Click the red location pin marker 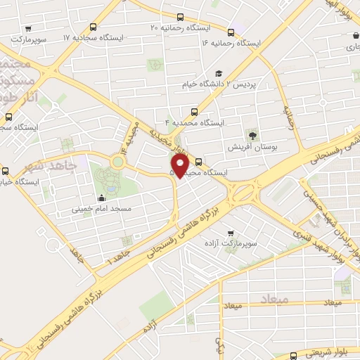tap(180, 165)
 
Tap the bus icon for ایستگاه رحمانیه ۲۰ tap(181, 17)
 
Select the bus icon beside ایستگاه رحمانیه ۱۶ tap(231, 32)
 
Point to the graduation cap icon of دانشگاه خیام tap(218, 73)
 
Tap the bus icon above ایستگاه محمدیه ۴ tap(194, 111)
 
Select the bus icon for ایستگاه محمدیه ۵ tap(198, 160)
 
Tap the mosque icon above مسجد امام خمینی tap(103, 198)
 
